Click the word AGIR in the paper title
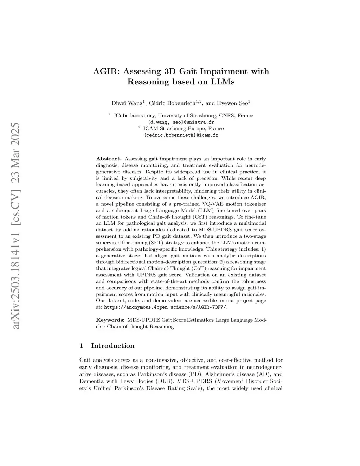(105, 71)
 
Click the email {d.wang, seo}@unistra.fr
(181, 122)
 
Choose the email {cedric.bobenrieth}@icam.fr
(181, 135)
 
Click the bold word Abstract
(109, 159)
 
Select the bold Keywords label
(110, 320)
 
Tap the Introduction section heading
(112, 346)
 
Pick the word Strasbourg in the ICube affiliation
(202, 116)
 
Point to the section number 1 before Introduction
(81, 346)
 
